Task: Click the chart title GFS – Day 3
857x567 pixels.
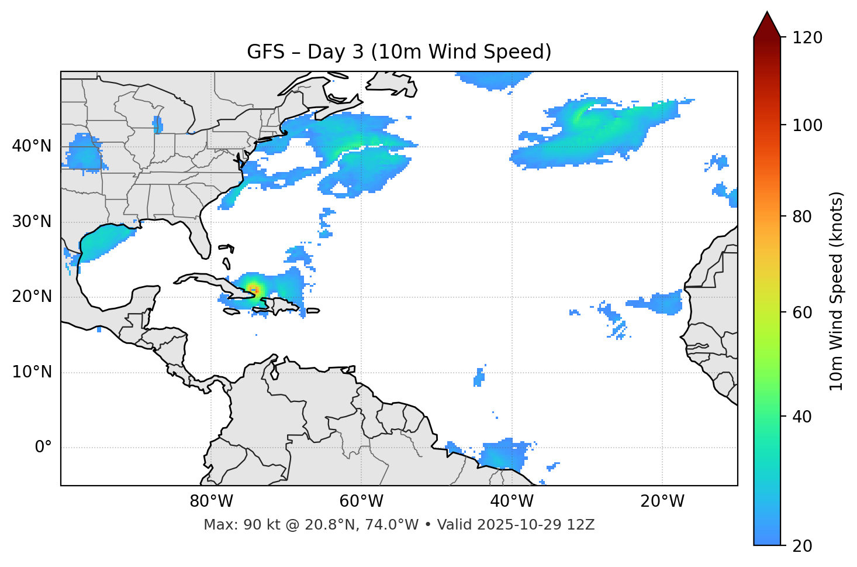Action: click(399, 52)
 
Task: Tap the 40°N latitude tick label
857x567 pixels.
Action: click(32, 146)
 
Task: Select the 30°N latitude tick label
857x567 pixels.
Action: click(32, 221)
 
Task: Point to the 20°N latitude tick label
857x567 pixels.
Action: click(32, 297)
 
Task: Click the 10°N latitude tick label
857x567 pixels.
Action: click(32, 372)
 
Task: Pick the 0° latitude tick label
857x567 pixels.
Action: click(43, 447)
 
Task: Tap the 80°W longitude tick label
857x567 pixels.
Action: click(211, 501)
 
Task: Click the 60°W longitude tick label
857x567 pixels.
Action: click(361, 501)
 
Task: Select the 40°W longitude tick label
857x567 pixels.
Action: click(512, 501)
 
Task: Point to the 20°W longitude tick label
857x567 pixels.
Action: click(662, 501)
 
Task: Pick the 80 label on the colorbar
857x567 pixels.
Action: click(804, 217)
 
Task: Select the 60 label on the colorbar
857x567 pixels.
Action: click(804, 312)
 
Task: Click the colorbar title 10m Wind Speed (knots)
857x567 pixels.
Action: click(837, 291)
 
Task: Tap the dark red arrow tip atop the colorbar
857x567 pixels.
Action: click(767, 23)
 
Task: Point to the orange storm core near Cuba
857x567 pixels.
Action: click(253, 288)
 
